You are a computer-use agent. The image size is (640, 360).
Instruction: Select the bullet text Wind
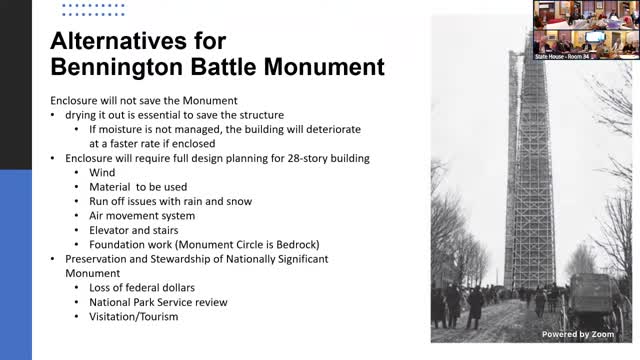tap(102, 172)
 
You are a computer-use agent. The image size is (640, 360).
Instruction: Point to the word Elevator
tap(112, 229)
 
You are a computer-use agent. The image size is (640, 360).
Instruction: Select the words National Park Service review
tap(158, 301)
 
